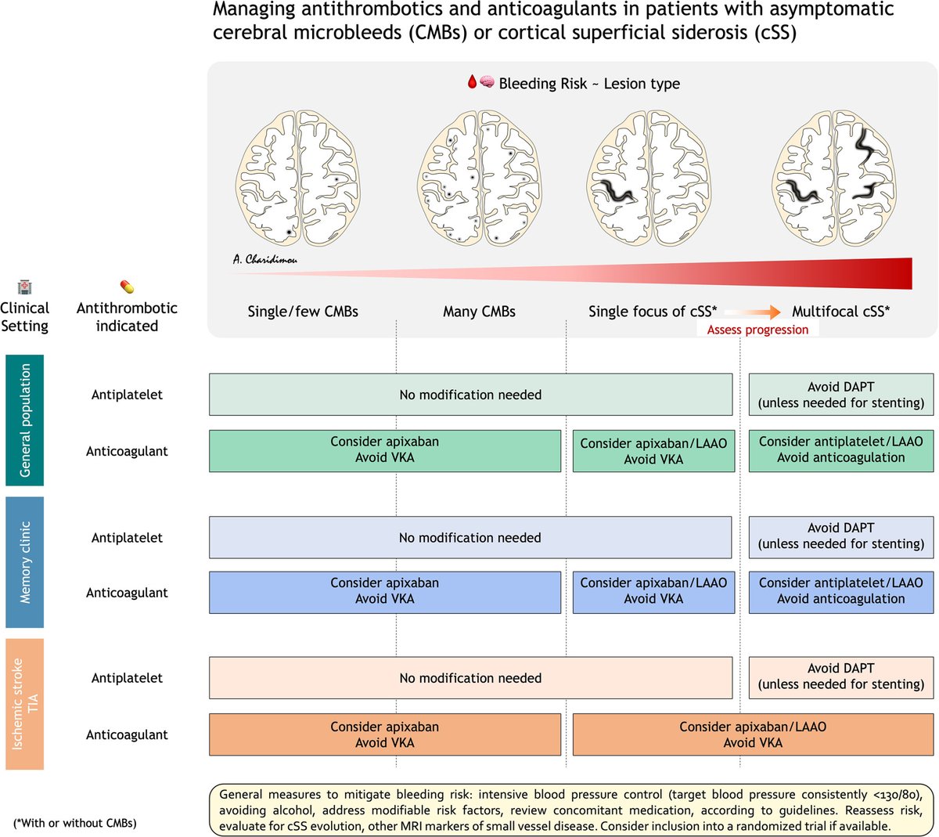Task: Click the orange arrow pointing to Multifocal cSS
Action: pos(753,312)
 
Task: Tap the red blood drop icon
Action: pos(472,81)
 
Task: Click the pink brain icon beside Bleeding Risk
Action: pos(487,81)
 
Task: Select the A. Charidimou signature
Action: pos(264,259)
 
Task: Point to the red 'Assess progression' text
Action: pos(757,330)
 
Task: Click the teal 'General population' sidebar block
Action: pos(24,420)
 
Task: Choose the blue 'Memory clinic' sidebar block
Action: pos(24,562)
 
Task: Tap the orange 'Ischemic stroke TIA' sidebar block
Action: pos(24,704)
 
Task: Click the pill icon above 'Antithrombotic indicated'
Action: pos(127,287)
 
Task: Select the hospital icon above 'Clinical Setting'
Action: pos(24,287)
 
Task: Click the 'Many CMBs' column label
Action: pos(479,312)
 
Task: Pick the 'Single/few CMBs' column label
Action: pos(303,312)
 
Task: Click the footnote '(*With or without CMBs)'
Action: pos(74,823)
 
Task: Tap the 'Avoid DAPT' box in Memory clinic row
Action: pos(840,537)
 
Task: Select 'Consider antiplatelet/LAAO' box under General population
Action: pos(840,451)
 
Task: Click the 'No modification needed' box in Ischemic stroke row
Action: pos(470,678)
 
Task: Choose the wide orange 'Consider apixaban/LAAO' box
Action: pos(753,734)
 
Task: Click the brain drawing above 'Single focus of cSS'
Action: pos(649,178)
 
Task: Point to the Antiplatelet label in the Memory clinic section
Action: pos(127,537)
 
